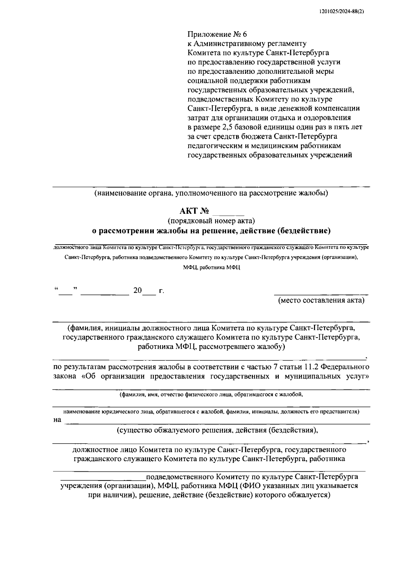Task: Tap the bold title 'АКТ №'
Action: pyautogui.click(x=194, y=211)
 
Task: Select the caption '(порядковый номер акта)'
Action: pyautogui.click(x=212, y=221)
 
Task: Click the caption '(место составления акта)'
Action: pyautogui.click(x=321, y=300)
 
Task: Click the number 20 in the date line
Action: pyautogui.click(x=138, y=291)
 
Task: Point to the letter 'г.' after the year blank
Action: pyautogui.click(x=162, y=291)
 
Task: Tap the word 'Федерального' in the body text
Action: pyautogui.click(x=347, y=367)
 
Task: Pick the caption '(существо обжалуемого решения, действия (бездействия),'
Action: pyautogui.click(x=217, y=430)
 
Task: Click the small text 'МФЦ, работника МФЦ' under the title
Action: pyautogui.click(x=212, y=268)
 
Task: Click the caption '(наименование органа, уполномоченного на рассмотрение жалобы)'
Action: pyautogui.click(x=211, y=193)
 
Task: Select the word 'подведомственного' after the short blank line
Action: pyautogui.click(x=180, y=477)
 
